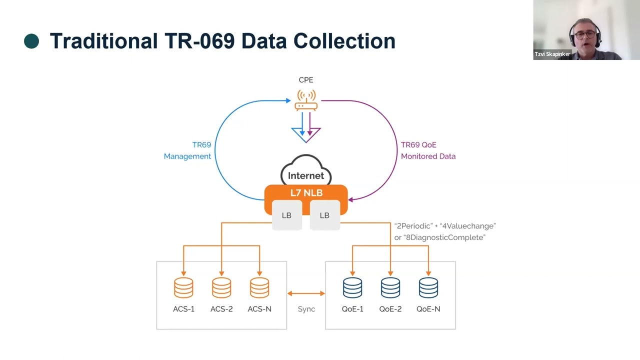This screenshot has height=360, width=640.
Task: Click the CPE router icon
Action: coord(306,100)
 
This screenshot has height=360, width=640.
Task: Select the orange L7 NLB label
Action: coord(306,192)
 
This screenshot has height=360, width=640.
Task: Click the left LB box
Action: coord(287,215)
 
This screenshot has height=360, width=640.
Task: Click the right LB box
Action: coord(324,215)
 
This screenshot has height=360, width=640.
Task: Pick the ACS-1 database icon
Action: coord(183,287)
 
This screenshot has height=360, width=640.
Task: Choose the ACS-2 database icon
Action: coord(221,287)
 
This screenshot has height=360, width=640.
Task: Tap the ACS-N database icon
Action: coord(259,287)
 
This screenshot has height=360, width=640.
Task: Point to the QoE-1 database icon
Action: coord(352,287)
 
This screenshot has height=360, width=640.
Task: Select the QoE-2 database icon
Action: coord(390,287)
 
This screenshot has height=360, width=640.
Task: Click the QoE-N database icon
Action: coord(428,287)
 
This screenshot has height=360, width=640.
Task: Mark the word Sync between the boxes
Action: coord(306,309)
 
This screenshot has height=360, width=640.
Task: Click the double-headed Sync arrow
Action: coord(306,293)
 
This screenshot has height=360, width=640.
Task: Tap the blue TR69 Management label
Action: coord(188,150)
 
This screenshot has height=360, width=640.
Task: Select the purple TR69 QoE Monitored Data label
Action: coord(428,150)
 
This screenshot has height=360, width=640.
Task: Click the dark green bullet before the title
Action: coord(31,41)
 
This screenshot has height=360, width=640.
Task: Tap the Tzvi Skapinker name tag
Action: coord(552,54)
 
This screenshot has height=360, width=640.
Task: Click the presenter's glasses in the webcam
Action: coord(584,34)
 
